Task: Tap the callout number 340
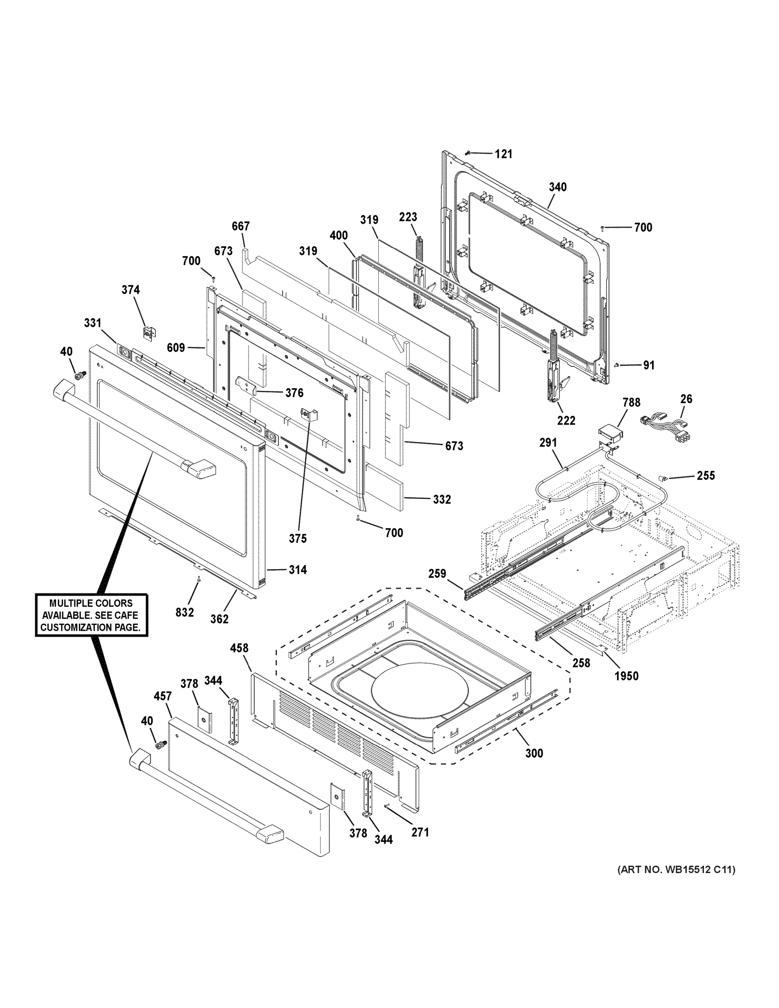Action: tap(558, 187)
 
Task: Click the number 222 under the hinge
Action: tap(566, 420)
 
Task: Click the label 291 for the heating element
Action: tap(548, 443)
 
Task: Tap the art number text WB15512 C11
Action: tap(677, 869)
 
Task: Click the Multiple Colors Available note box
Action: tap(92, 615)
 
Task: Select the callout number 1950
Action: tap(626, 676)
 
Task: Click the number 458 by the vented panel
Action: tap(239, 648)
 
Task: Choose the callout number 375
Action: tap(298, 538)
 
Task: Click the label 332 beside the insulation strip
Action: tap(442, 499)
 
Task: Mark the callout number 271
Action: tap(420, 832)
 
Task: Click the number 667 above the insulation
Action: tap(241, 226)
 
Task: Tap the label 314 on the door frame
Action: tap(298, 570)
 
